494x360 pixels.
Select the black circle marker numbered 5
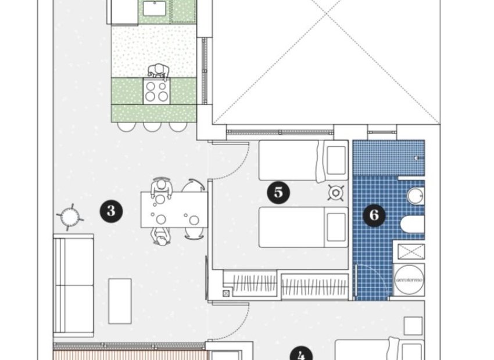click(278, 192)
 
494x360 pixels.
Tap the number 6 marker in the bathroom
click(374, 215)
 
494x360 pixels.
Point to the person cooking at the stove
click(157, 71)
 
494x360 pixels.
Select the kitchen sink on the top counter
click(155, 8)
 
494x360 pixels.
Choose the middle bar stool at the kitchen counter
click(152, 124)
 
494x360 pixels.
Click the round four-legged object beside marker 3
click(70, 217)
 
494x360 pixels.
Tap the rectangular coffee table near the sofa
click(120, 300)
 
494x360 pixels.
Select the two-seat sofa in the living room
click(73, 285)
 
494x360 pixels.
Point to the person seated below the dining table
click(160, 235)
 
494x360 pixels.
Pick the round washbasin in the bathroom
click(415, 196)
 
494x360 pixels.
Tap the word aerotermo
click(409, 280)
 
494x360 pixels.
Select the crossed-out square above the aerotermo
click(410, 251)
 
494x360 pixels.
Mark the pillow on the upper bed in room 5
click(337, 161)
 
